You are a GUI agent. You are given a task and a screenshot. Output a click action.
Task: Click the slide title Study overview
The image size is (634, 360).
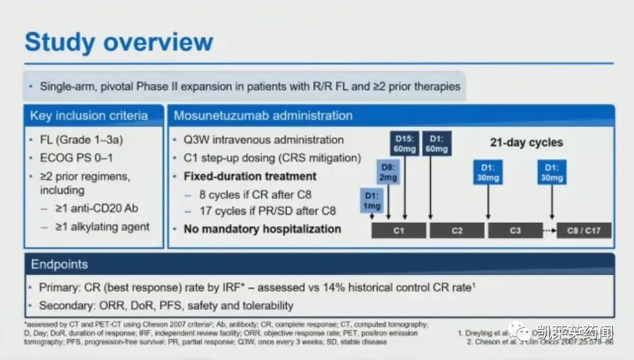(119, 43)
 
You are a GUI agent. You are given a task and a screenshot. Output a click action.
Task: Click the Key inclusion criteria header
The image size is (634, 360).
(89, 117)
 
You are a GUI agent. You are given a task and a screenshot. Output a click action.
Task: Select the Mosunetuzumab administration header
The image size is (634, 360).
(263, 117)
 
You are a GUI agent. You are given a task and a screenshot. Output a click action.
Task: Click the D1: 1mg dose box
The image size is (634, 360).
(371, 201)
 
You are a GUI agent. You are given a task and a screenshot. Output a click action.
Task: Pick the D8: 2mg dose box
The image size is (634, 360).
(388, 173)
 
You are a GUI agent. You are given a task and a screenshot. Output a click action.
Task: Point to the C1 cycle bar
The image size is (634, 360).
(399, 230)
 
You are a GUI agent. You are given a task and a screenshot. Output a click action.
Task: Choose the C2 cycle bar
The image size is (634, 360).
(457, 230)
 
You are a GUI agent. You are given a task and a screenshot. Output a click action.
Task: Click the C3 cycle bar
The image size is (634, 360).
(515, 230)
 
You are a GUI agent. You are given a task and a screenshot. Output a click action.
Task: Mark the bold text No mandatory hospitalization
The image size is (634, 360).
(262, 229)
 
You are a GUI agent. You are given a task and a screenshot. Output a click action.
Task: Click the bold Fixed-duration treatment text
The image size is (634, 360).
(250, 176)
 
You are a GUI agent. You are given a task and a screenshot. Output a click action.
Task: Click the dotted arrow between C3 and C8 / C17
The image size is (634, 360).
(550, 230)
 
